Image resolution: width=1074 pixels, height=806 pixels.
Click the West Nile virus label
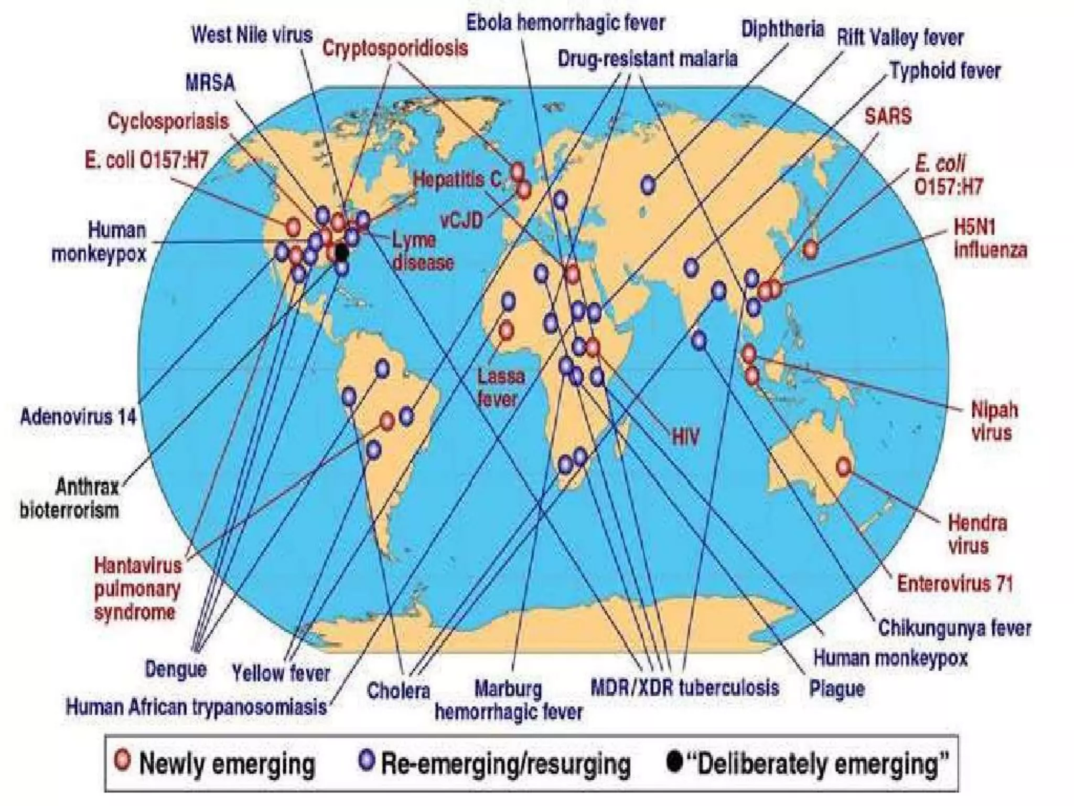click(x=252, y=35)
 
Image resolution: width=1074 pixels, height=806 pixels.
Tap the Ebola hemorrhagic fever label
click(x=565, y=23)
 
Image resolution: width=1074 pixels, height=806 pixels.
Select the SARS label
click(x=888, y=116)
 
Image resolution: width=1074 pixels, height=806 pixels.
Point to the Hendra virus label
click(x=977, y=534)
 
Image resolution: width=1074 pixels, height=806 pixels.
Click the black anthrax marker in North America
click(x=341, y=253)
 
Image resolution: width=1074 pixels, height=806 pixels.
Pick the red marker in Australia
click(x=843, y=466)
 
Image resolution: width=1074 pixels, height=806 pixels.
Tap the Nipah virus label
click(x=994, y=421)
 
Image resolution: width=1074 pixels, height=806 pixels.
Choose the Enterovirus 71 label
click(x=954, y=584)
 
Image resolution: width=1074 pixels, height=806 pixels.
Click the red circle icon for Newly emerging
click(x=123, y=760)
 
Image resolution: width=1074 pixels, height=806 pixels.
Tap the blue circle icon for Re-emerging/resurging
click(x=367, y=760)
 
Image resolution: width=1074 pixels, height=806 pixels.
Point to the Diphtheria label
click(x=782, y=29)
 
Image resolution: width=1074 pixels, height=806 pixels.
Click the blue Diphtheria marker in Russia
click(x=648, y=185)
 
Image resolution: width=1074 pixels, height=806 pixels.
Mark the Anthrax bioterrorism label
click(x=70, y=499)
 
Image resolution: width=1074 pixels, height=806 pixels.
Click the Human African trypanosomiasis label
click(x=196, y=707)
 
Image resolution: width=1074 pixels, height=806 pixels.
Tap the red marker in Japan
click(x=810, y=249)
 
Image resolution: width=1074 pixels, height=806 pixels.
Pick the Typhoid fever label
click(x=945, y=71)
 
